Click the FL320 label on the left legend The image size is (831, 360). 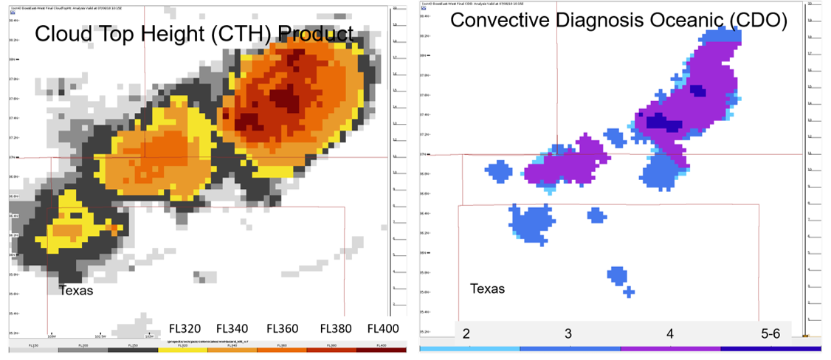[185, 328]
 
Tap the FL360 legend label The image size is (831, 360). [283, 328]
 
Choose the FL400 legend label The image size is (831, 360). [382, 328]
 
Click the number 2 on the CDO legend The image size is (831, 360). [466, 333]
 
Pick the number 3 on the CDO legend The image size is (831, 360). [568, 333]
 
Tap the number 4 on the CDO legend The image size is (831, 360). [670, 333]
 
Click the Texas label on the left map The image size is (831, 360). [76, 291]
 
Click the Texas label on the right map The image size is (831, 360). [488, 288]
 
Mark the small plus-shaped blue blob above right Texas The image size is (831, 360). [628, 292]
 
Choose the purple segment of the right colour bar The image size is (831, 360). [670, 348]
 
